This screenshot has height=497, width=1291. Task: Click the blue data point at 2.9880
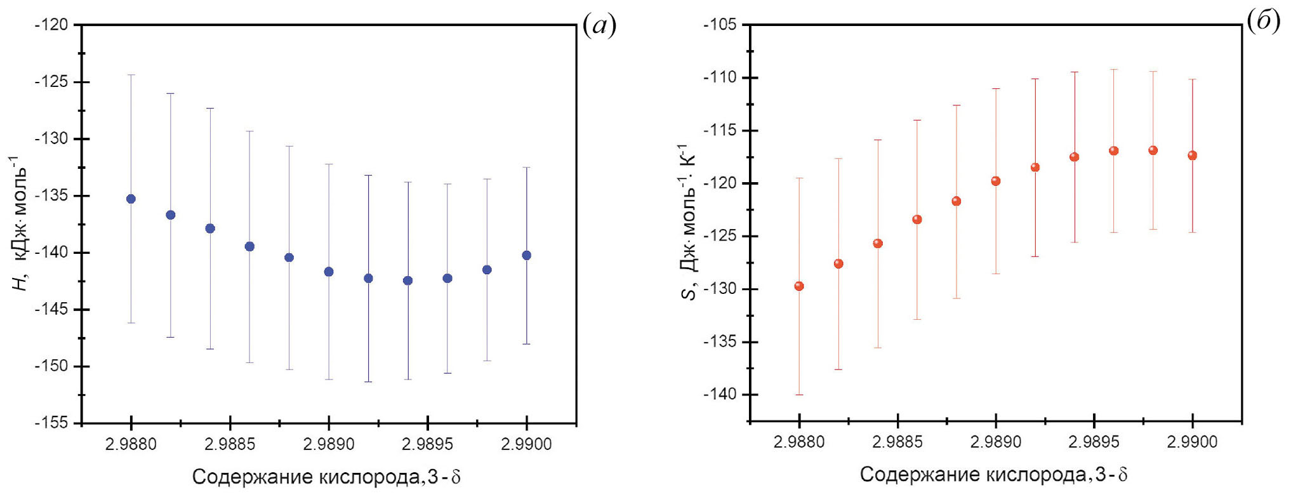(x=131, y=199)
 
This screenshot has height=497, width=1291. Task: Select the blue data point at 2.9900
(x=526, y=255)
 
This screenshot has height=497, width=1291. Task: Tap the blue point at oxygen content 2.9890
(x=329, y=272)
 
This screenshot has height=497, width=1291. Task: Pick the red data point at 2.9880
(x=799, y=286)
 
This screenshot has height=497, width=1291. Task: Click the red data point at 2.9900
(x=1192, y=156)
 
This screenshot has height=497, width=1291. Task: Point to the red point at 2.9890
(x=996, y=181)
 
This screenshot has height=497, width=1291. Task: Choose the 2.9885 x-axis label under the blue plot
(x=230, y=444)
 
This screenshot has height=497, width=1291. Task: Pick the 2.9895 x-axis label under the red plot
(x=1094, y=442)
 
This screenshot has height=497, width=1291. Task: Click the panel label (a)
(x=599, y=25)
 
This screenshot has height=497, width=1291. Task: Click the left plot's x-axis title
(x=326, y=477)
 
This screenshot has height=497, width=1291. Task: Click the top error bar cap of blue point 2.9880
(x=131, y=75)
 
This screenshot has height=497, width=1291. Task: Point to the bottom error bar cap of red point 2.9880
(x=799, y=395)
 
